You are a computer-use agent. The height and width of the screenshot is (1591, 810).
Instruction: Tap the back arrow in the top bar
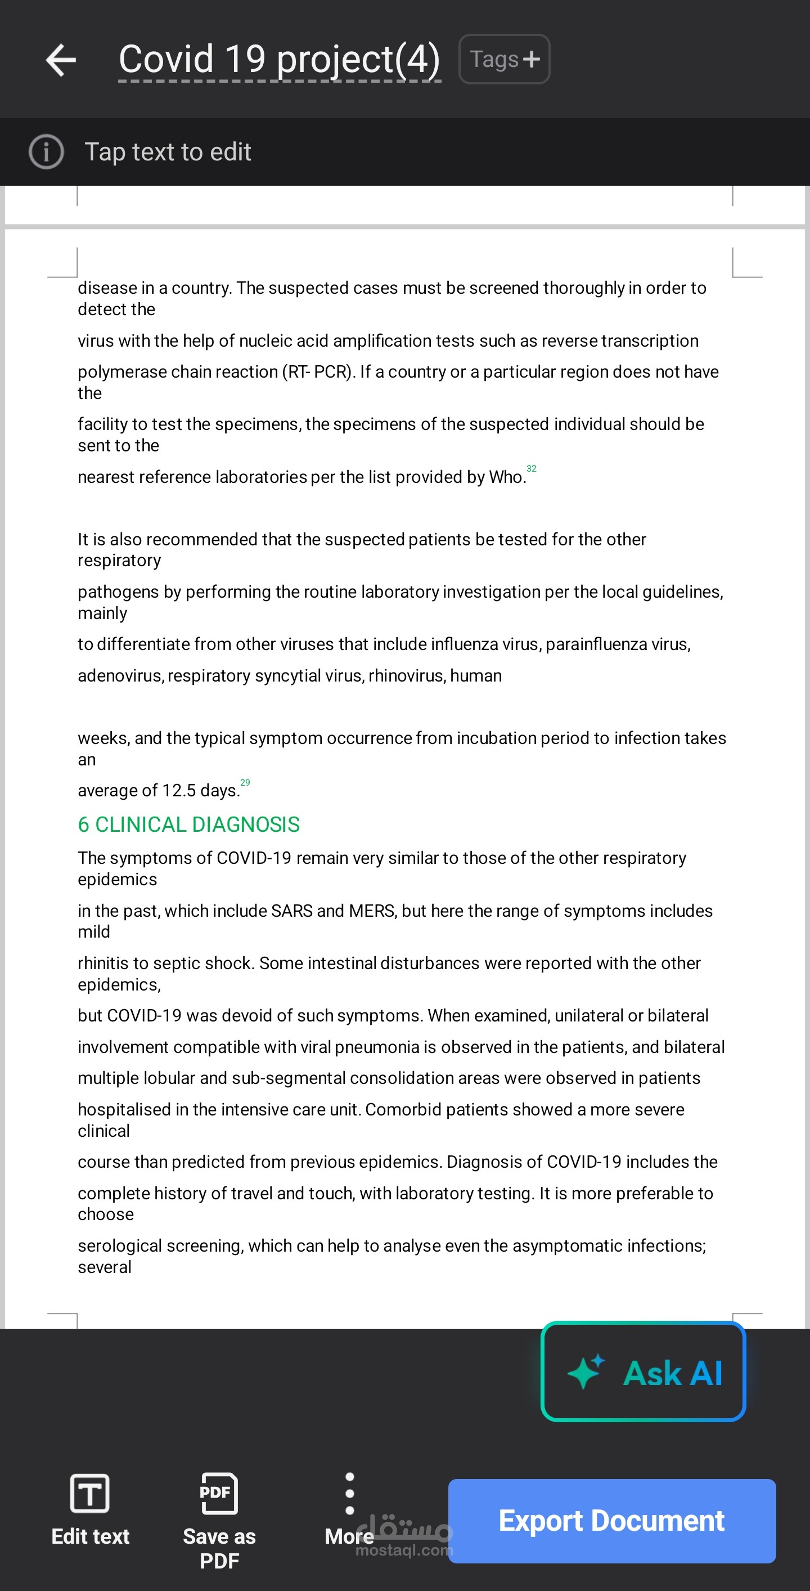pyautogui.click(x=61, y=60)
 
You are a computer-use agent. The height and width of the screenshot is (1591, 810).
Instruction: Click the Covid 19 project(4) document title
pyautogui.click(x=279, y=60)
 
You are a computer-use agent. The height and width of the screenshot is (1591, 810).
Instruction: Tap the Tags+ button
pyautogui.click(x=504, y=59)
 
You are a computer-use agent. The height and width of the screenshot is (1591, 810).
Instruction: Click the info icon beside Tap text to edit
pyautogui.click(x=46, y=151)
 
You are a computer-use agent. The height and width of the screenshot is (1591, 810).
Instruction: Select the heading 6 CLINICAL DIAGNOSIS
pyautogui.click(x=188, y=824)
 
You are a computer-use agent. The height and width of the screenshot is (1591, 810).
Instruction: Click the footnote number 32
pyautogui.click(x=532, y=469)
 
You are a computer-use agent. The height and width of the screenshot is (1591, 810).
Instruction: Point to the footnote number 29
pyautogui.click(x=245, y=782)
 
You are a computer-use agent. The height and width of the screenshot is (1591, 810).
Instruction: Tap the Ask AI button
pyautogui.click(x=643, y=1373)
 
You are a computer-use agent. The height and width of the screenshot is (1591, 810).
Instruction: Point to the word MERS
pyautogui.click(x=372, y=911)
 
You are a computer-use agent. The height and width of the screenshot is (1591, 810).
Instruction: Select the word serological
pyautogui.click(x=120, y=1246)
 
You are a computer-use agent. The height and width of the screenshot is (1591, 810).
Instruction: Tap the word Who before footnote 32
pyautogui.click(x=506, y=477)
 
